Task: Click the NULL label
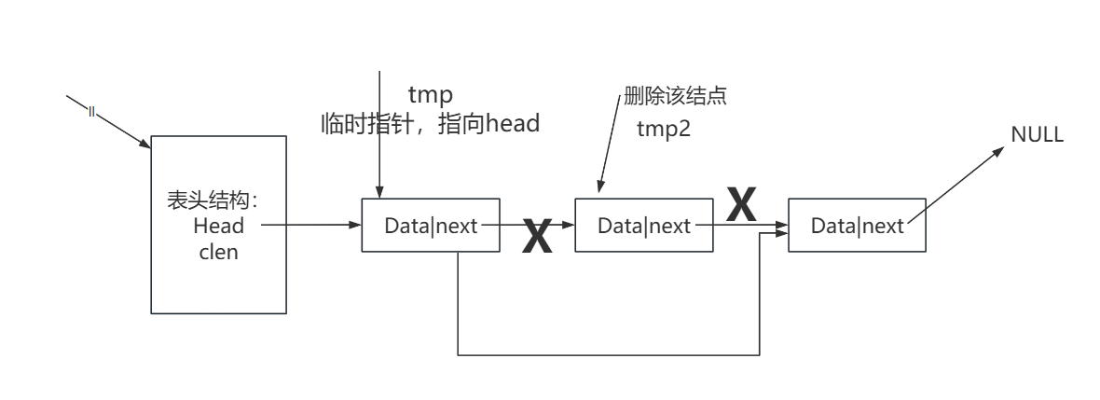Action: pos(1037,134)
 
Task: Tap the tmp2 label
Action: pos(663,129)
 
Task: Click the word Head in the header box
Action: pos(219,226)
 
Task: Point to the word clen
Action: pos(219,252)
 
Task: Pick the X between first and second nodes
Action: pos(537,237)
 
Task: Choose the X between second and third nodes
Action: pos(741,205)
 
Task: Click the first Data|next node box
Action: pos(431,225)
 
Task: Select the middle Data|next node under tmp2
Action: pos(644,225)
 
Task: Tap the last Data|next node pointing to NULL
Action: pos(857,225)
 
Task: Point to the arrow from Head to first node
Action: pos(312,225)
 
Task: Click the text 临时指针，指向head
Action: pos(430,124)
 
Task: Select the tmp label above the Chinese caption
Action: pos(430,95)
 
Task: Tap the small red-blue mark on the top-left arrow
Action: pos(91,112)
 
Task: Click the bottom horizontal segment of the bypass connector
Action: pos(606,354)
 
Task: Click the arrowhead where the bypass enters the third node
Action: pos(782,234)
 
